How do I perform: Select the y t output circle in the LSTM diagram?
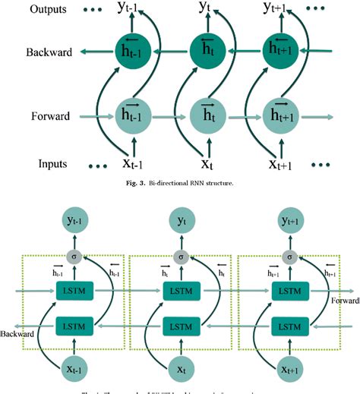(180, 221)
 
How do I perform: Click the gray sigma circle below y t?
(180, 256)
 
